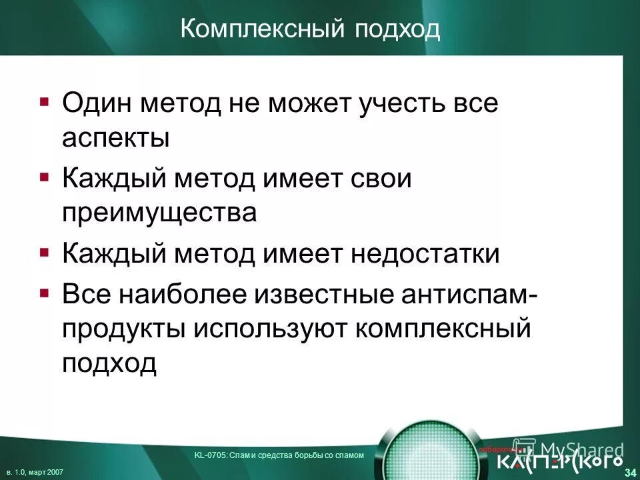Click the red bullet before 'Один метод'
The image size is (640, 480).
44,103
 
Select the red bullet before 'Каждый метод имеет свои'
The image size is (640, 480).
44,177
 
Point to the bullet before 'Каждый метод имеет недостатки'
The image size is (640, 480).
44,253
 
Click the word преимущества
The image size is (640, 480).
159,213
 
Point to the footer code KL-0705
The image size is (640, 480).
209,455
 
